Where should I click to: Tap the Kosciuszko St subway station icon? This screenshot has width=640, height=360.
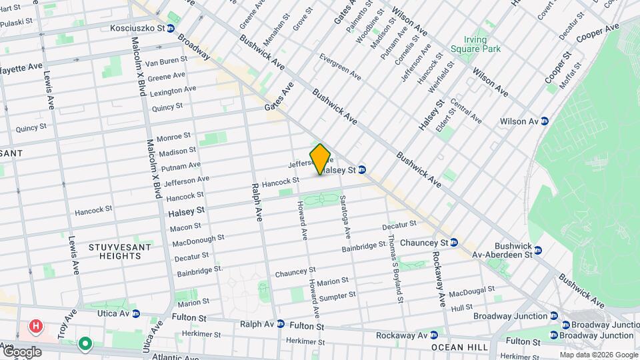click(171, 28)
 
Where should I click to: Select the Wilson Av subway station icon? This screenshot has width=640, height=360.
click(545, 121)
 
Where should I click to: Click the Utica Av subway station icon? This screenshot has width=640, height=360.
click(135, 313)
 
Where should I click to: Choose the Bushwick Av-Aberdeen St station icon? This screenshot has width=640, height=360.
click(538, 250)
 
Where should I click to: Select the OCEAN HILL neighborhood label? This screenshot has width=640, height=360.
click(457, 347)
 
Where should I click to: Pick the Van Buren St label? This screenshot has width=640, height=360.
click(166, 61)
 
